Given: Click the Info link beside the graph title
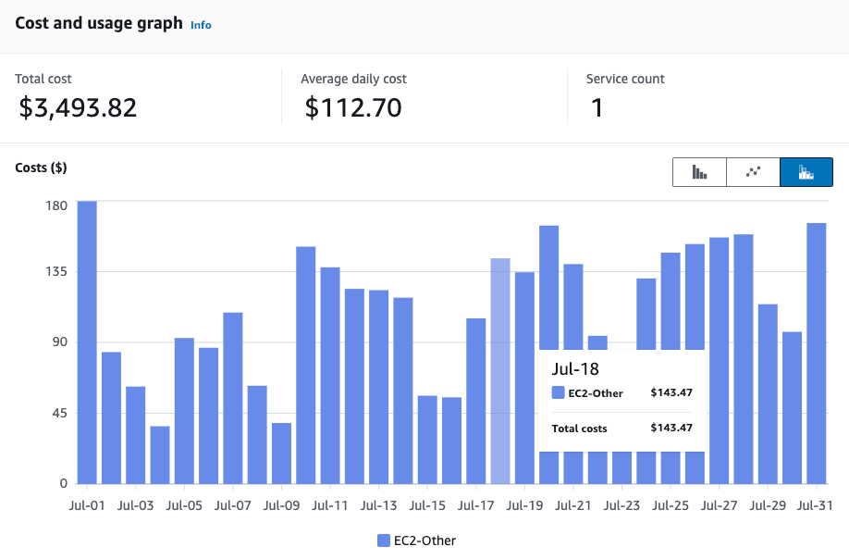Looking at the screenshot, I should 201,25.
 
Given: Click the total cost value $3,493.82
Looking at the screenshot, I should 78,108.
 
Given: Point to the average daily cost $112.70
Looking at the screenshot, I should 353,108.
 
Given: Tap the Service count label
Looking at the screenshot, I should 625,79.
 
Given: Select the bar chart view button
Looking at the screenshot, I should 699,172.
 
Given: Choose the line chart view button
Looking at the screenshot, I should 753,172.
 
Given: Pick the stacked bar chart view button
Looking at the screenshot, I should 806,172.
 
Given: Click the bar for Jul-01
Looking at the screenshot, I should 87,342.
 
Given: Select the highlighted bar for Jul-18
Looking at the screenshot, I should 500,370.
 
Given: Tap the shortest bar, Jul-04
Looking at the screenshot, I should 160,454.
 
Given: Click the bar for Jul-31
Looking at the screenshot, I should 816,353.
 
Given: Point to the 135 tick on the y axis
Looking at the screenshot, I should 56,271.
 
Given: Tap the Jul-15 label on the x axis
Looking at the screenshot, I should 427,506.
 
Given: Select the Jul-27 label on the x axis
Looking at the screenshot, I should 719,506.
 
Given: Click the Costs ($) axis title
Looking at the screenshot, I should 41,168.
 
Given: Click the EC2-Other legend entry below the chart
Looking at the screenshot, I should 416,540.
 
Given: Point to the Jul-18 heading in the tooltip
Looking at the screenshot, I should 574,368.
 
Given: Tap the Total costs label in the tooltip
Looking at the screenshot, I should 579,428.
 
